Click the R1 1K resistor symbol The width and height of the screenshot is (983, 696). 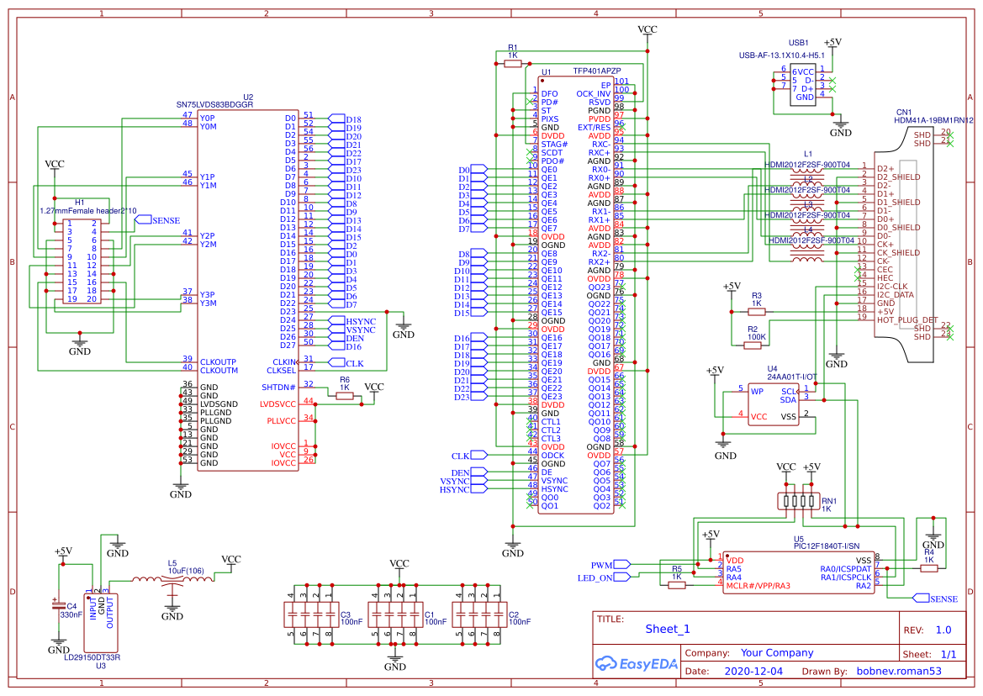pos(513,63)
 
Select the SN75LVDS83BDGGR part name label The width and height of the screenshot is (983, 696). pos(214,105)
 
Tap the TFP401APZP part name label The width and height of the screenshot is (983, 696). pos(597,73)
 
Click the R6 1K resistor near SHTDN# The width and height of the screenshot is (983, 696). pos(344,396)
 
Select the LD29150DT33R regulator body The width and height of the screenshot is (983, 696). pos(101,618)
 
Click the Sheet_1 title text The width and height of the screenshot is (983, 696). pos(667,629)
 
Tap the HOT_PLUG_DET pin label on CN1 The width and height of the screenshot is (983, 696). pos(906,320)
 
